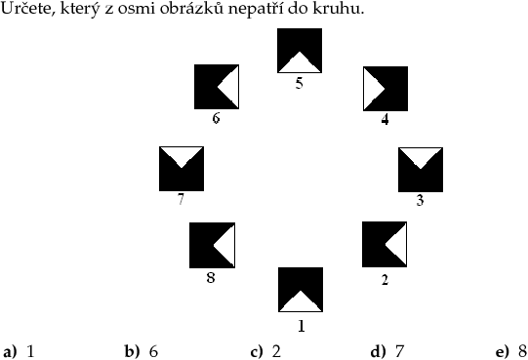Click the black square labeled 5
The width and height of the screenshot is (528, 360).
(300, 51)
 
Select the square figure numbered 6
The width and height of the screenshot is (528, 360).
(217, 87)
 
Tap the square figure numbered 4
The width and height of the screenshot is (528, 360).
(386, 89)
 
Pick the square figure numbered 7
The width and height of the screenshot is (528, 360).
(182, 169)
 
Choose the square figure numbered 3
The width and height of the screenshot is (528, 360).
(421, 170)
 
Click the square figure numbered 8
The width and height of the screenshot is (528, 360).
(212, 245)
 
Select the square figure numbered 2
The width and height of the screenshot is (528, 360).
(385, 244)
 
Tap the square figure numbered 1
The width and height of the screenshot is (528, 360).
(301, 290)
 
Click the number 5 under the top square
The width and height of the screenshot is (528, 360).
(300, 83)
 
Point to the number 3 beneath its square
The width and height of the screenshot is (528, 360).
(420, 200)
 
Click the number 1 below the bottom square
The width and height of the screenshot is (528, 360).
(302, 326)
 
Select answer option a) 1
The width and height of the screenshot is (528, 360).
(19, 351)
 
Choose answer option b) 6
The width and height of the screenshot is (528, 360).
(142, 351)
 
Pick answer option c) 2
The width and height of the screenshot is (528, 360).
(265, 351)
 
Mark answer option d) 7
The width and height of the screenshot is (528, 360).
(386, 351)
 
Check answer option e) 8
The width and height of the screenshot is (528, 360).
(511, 351)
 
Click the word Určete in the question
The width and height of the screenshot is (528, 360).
(27, 8)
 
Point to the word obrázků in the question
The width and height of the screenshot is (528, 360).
(191, 8)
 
